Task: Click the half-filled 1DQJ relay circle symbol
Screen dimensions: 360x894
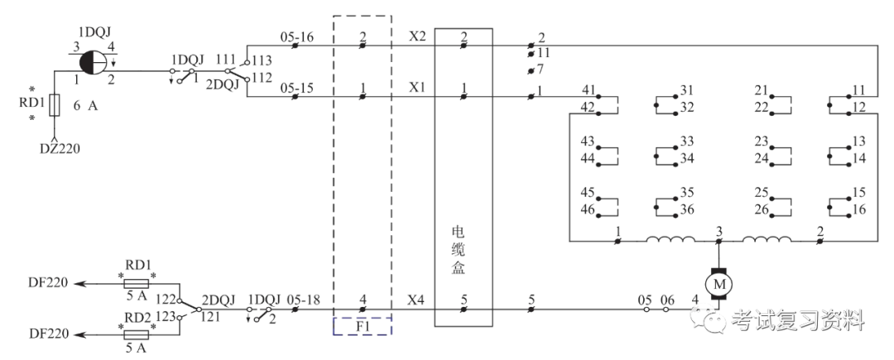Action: point(92,61)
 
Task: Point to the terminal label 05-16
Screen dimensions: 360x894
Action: point(296,36)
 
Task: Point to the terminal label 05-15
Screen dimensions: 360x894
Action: point(296,88)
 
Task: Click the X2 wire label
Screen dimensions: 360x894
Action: point(417,36)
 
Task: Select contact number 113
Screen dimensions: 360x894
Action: point(262,60)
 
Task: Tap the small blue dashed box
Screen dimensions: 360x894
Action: point(362,324)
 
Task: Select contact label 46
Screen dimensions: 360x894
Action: point(587,210)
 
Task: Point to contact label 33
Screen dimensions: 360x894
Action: point(685,141)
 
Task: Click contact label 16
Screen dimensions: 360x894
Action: point(858,210)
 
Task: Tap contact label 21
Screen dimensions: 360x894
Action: point(762,89)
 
